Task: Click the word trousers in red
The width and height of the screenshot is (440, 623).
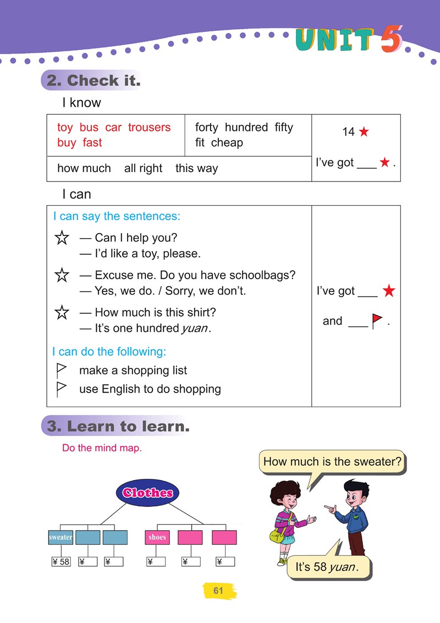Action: (149, 128)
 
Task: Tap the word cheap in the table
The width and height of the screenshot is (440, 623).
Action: (227, 143)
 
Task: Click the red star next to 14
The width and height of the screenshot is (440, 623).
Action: (364, 132)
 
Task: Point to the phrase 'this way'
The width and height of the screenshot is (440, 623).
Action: (196, 168)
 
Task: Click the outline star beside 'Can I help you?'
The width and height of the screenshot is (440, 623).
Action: (62, 238)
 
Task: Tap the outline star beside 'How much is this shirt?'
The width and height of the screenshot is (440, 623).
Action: (62, 313)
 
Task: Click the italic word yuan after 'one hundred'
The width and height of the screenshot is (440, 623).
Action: (195, 329)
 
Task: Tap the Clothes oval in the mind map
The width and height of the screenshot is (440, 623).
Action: (147, 493)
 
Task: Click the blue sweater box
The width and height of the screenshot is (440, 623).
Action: (61, 537)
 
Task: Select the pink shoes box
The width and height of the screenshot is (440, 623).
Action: (157, 537)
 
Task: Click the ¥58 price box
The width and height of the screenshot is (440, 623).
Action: (61, 561)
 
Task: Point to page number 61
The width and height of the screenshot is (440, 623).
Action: (218, 591)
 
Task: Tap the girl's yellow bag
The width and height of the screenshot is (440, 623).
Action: (277, 536)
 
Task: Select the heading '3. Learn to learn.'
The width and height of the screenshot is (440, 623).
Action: (116, 426)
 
